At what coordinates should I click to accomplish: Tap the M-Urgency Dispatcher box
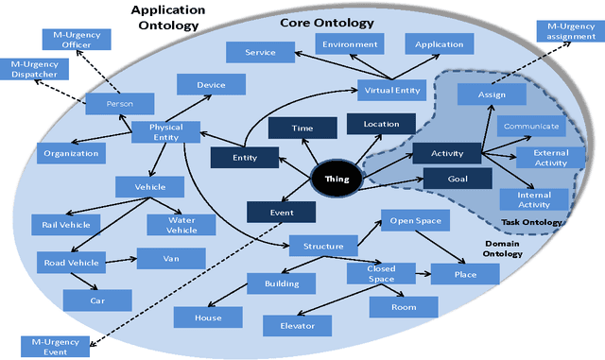coord(34,70)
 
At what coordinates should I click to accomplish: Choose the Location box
coord(380,124)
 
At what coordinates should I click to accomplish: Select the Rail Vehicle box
coord(65,224)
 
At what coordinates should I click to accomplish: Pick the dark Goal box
coord(457,178)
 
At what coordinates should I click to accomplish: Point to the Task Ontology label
coord(532,223)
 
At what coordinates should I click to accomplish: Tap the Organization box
coord(71,152)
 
